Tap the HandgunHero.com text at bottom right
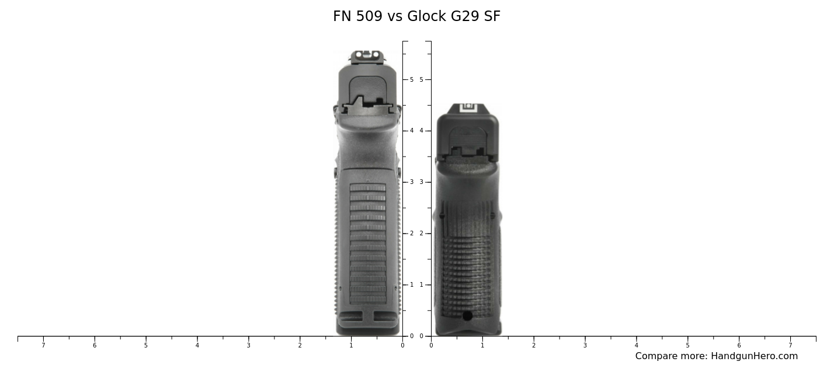[x=754, y=356]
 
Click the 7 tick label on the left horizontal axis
[x=43, y=346]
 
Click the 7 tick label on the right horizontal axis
[x=790, y=346]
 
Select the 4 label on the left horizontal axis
[x=197, y=346]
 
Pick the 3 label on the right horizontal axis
[x=585, y=346]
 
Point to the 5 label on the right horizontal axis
[x=687, y=346]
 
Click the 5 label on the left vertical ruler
[x=411, y=79]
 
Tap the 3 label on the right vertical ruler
[x=421, y=182]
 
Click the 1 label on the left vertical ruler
[x=411, y=285]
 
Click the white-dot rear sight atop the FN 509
[x=367, y=55]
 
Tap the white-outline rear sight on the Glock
[x=468, y=108]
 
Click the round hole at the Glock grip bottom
[x=467, y=316]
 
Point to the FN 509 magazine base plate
[x=368, y=322]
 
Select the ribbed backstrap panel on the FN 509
[x=367, y=242]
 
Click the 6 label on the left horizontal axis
[x=94, y=346]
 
